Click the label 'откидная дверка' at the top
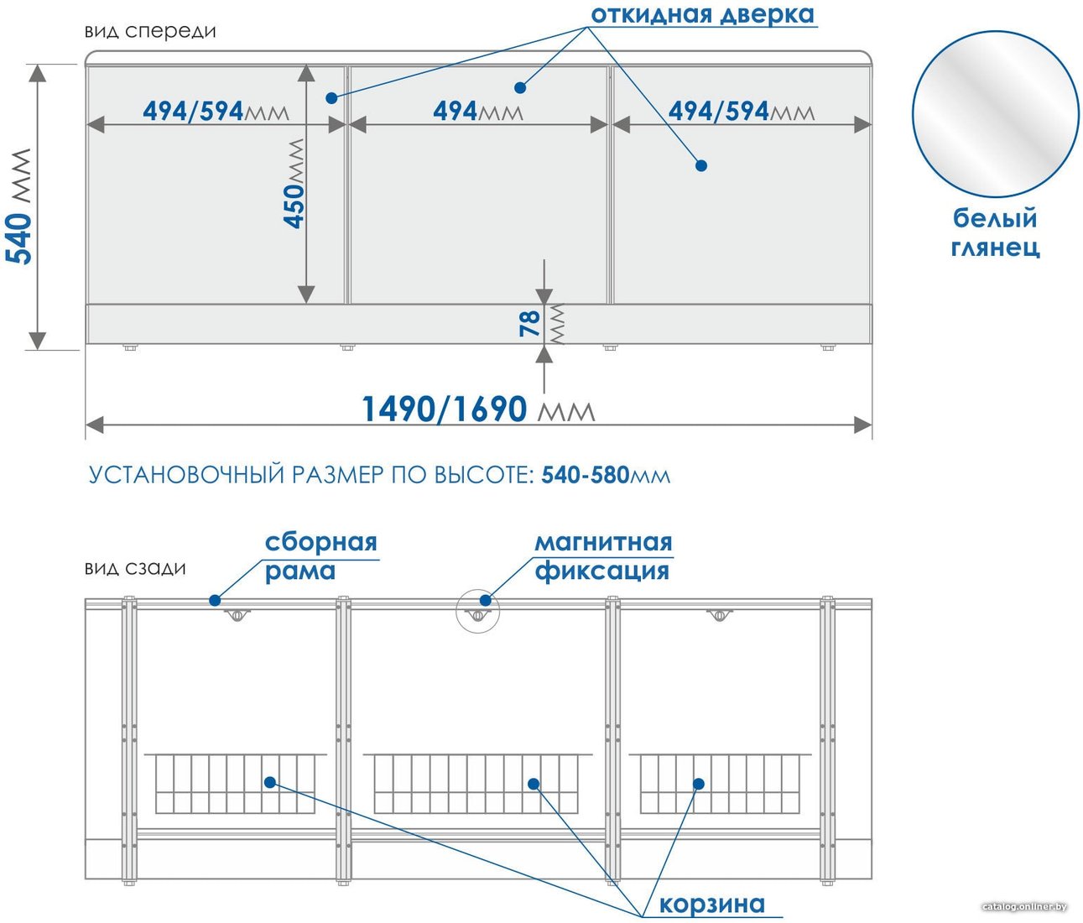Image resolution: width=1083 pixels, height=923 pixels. (703, 15)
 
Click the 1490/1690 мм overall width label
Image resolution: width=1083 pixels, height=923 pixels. (478, 409)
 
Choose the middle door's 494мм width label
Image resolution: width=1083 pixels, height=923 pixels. (478, 111)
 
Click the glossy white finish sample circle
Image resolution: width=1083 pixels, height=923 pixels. (995, 114)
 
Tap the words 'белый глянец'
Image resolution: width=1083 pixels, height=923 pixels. (995, 232)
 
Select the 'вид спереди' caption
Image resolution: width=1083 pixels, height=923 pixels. (150, 31)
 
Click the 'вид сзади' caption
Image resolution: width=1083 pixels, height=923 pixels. (135, 568)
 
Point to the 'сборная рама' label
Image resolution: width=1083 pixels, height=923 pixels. (320, 556)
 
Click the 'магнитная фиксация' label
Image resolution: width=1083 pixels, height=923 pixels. (603, 556)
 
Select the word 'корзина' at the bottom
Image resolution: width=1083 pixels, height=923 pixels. (712, 903)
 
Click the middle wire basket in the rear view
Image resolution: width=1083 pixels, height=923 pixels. (477, 784)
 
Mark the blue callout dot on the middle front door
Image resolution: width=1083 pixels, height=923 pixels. (520, 87)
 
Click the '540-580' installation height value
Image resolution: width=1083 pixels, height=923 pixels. (585, 475)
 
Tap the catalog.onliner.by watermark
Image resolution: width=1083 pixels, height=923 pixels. (1025, 906)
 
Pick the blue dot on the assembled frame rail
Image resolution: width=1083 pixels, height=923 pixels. (214, 600)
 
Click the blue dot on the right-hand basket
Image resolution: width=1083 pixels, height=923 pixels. (699, 784)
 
